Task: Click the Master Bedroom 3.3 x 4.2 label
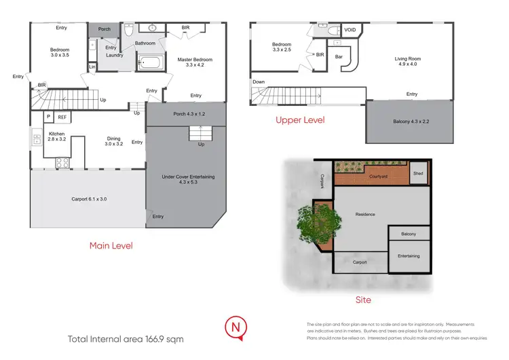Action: [x=195, y=63]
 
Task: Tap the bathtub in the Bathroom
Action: [x=151, y=65]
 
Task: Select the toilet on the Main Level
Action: [x=128, y=31]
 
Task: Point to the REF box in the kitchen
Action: [x=61, y=118]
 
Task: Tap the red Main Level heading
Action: [x=111, y=245]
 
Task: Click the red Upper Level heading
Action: [x=299, y=120]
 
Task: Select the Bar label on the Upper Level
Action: [x=339, y=56]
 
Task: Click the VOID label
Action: [x=350, y=31]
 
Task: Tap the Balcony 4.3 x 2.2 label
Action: [x=411, y=122]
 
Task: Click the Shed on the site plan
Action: [x=418, y=173]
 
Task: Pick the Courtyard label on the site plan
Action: [x=378, y=176]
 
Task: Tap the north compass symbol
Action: [x=235, y=327]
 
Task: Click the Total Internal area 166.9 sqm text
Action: [x=126, y=338]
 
